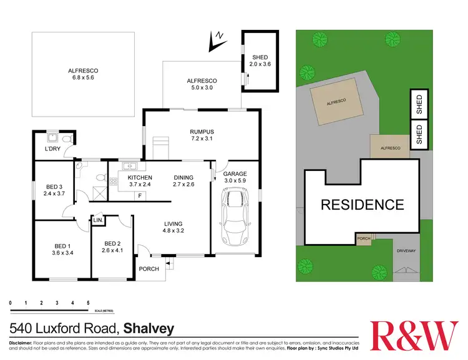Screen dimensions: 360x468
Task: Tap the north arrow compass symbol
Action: [216, 41]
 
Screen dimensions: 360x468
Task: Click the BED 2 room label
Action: [112, 247]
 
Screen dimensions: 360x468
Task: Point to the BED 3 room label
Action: [54, 190]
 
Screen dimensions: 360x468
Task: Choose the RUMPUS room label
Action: [202, 135]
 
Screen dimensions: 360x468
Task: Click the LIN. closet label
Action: [98, 220]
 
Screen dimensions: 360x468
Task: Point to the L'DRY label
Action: [52, 150]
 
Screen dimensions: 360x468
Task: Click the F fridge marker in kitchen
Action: [140, 196]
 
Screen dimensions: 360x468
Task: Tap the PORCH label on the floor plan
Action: [149, 269]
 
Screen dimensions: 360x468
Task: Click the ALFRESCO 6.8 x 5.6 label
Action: [83, 74]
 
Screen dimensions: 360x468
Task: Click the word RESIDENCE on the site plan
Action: [362, 204]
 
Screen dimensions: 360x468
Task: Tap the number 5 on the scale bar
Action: [88, 303]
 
